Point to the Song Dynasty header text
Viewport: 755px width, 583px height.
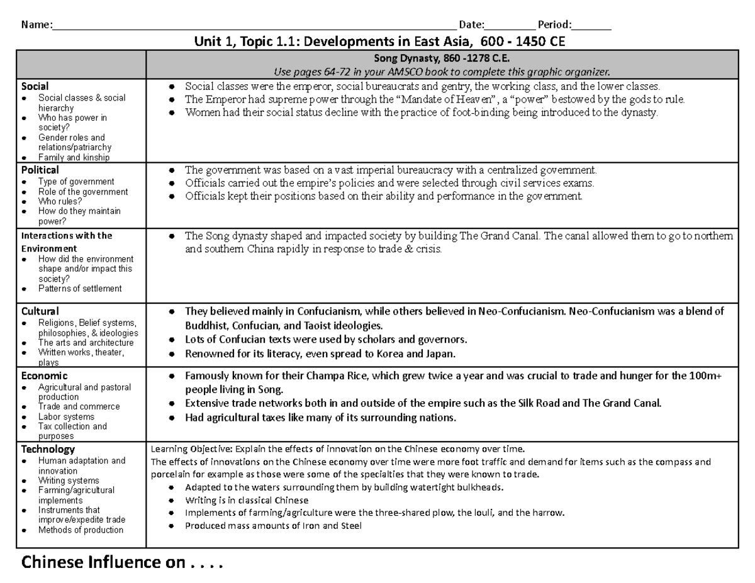(x=442, y=60)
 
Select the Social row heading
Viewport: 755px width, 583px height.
(x=35, y=86)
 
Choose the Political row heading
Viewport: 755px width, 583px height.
(x=40, y=170)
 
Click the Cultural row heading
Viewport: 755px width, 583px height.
(x=40, y=311)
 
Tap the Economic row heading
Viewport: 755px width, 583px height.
(x=44, y=375)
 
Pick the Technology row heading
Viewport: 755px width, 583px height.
(x=48, y=449)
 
